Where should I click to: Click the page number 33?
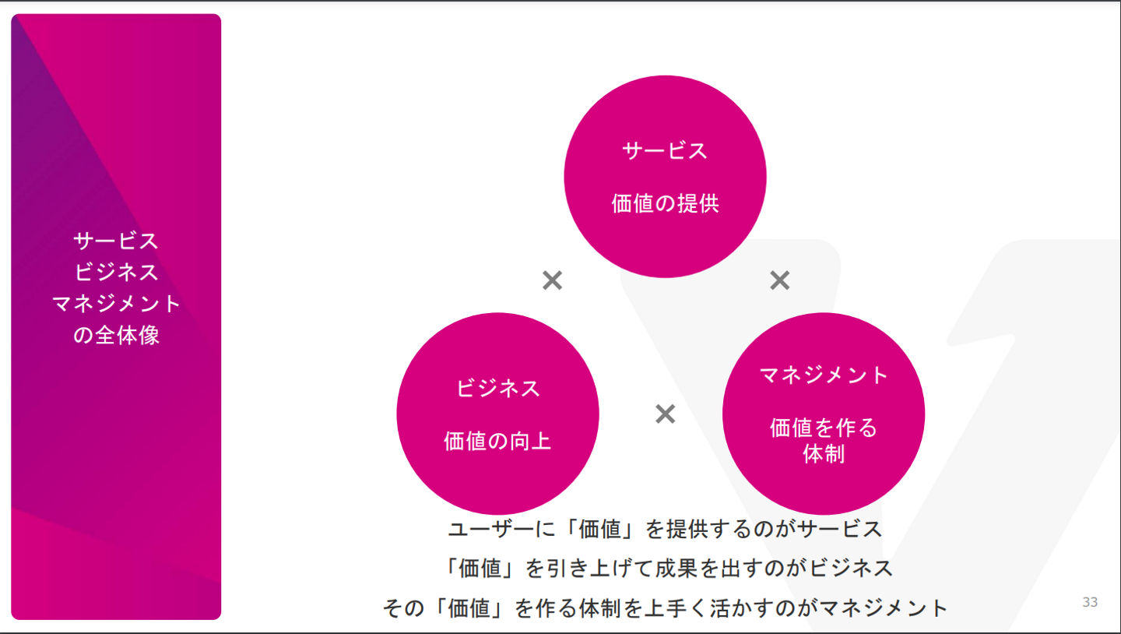(x=1090, y=602)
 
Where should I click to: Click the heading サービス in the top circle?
(x=665, y=150)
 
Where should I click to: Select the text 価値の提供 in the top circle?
(x=665, y=204)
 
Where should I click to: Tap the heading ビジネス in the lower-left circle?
(x=497, y=388)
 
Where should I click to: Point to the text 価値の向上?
(x=497, y=442)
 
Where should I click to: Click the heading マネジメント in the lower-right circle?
(x=824, y=375)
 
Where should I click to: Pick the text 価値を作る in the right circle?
(x=824, y=428)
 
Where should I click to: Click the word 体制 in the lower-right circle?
(x=824, y=454)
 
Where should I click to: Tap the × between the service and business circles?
(x=552, y=280)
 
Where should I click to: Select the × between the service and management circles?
(x=779, y=280)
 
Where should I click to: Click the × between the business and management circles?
(x=665, y=414)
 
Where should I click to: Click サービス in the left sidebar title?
(x=116, y=241)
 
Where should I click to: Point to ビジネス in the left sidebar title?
(x=116, y=272)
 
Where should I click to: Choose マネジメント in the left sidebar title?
(x=116, y=304)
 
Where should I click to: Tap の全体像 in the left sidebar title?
(x=116, y=335)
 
